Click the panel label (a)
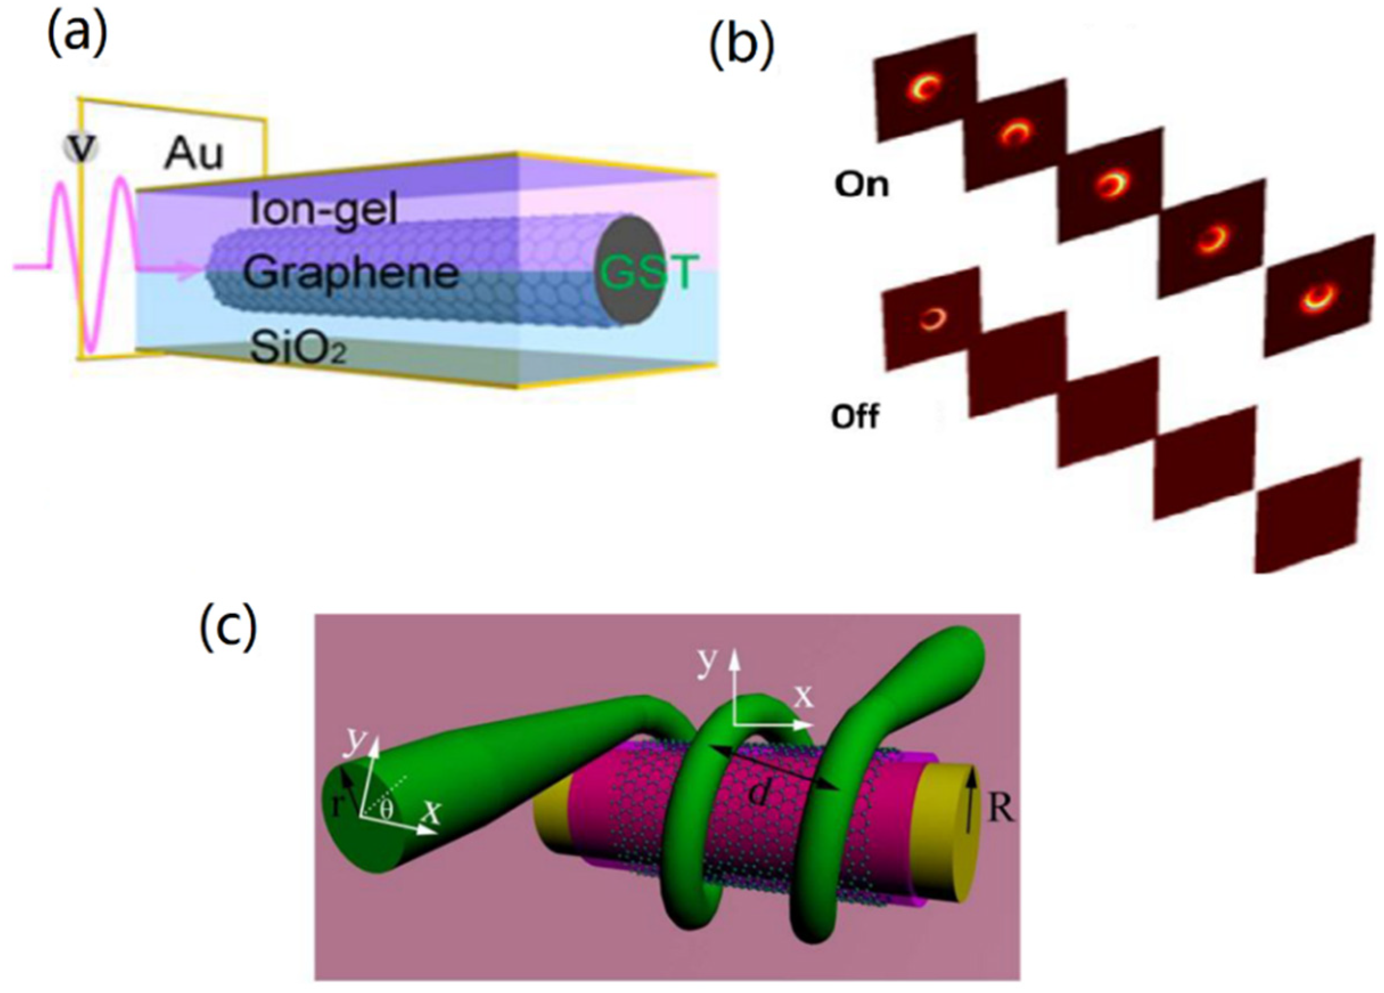[77, 34]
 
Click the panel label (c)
[228, 629]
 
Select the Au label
[193, 155]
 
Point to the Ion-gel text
[324, 211]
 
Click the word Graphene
[351, 273]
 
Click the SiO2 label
[297, 349]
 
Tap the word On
[861, 184]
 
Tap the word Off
[855, 417]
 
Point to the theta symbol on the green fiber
[386, 809]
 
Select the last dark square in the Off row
[1308, 516]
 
